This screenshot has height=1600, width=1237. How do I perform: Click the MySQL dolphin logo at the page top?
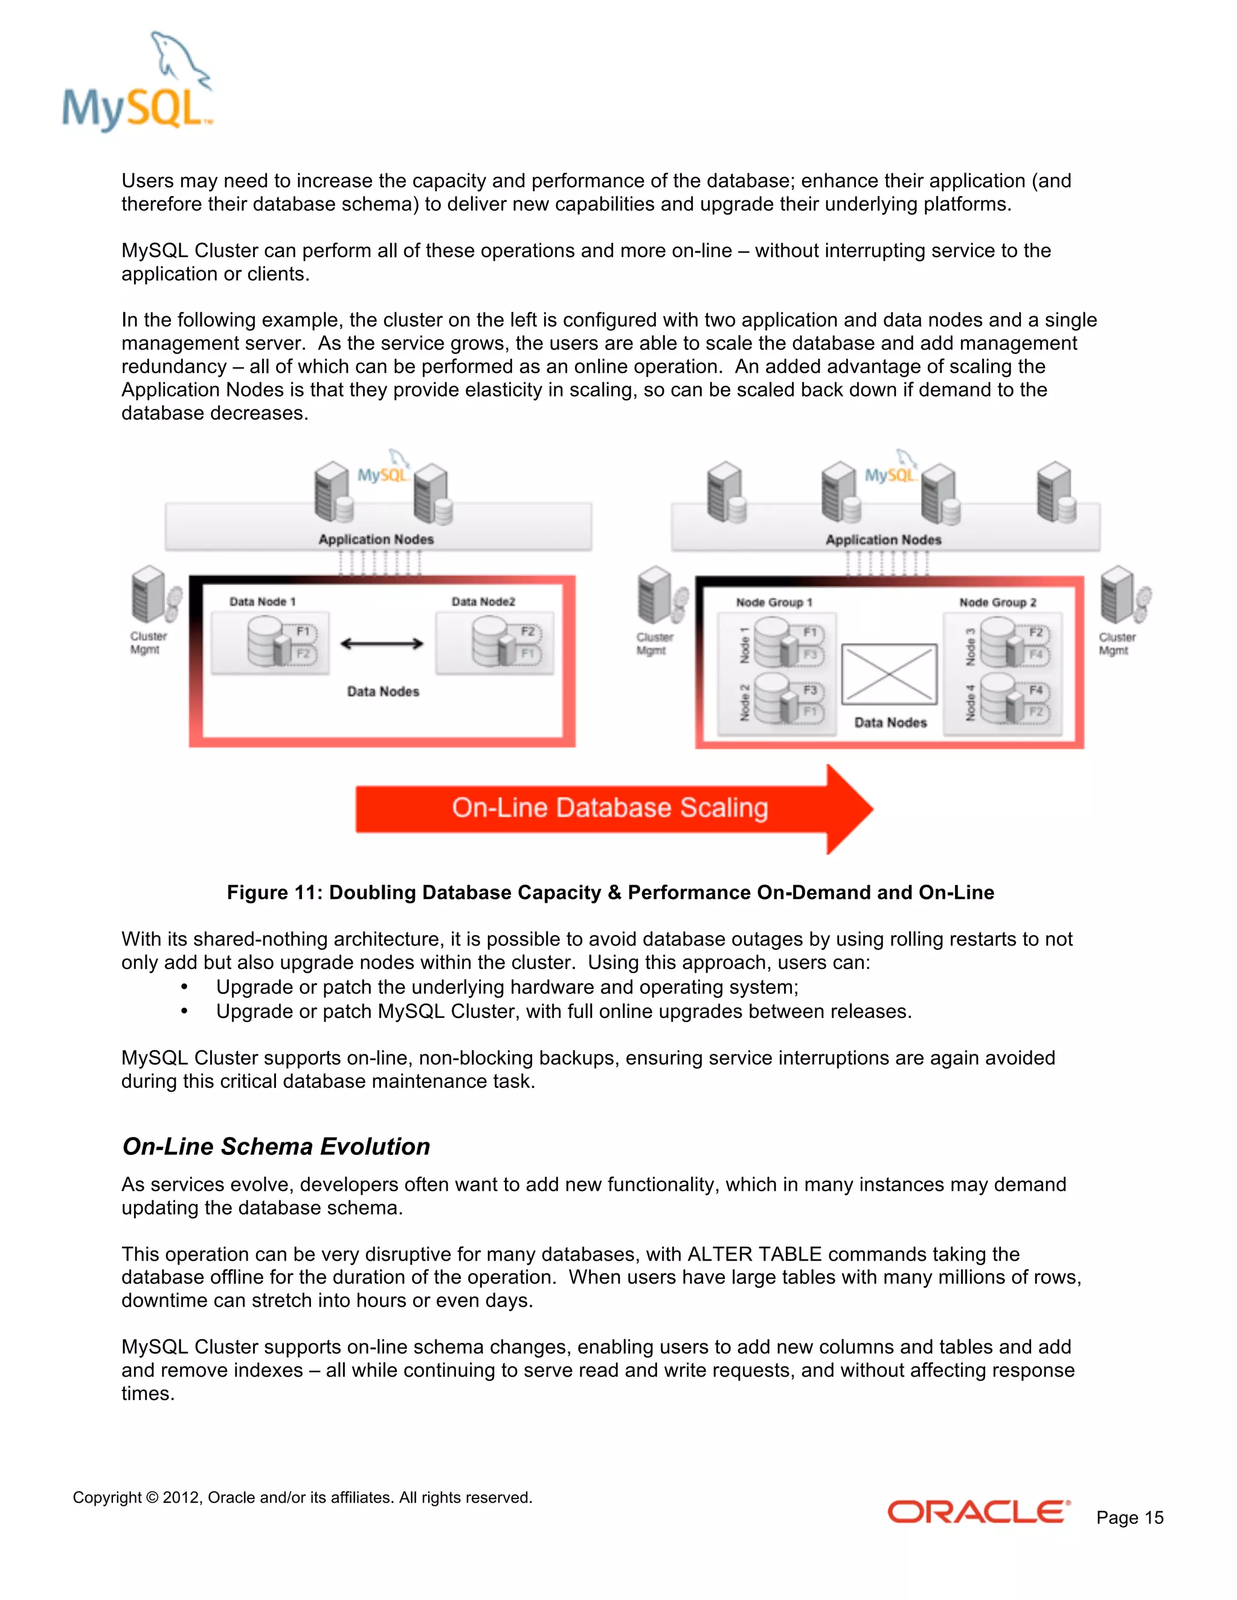tap(138, 82)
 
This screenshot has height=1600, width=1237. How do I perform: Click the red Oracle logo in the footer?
tap(978, 1511)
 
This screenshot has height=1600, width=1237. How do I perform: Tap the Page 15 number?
tap(1129, 1517)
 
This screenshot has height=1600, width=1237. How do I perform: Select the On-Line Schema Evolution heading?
tap(276, 1146)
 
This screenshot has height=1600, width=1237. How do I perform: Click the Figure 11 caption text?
tap(611, 892)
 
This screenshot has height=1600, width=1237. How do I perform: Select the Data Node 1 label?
tap(262, 601)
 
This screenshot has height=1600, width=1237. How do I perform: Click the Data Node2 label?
tap(483, 601)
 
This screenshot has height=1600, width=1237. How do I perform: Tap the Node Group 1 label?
tap(774, 602)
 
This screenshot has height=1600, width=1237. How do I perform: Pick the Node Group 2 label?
tap(997, 602)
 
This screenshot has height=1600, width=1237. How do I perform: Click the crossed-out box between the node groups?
tap(889, 674)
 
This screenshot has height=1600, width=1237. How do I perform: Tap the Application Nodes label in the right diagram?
tap(883, 539)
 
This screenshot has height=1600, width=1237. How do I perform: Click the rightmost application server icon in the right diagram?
tap(1056, 491)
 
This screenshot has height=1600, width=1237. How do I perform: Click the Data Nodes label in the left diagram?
tap(382, 691)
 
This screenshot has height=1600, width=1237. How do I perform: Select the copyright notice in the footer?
tap(302, 1497)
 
